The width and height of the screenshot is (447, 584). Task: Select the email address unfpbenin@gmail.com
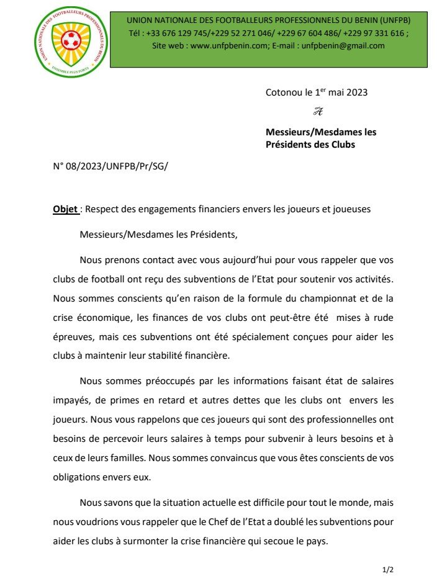coord(343,46)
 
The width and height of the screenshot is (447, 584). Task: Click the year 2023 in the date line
coord(356,92)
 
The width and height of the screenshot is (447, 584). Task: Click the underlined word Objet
coord(65,209)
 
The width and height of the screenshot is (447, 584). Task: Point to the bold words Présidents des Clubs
coord(310,145)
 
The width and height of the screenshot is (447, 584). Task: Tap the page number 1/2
coord(388,570)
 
